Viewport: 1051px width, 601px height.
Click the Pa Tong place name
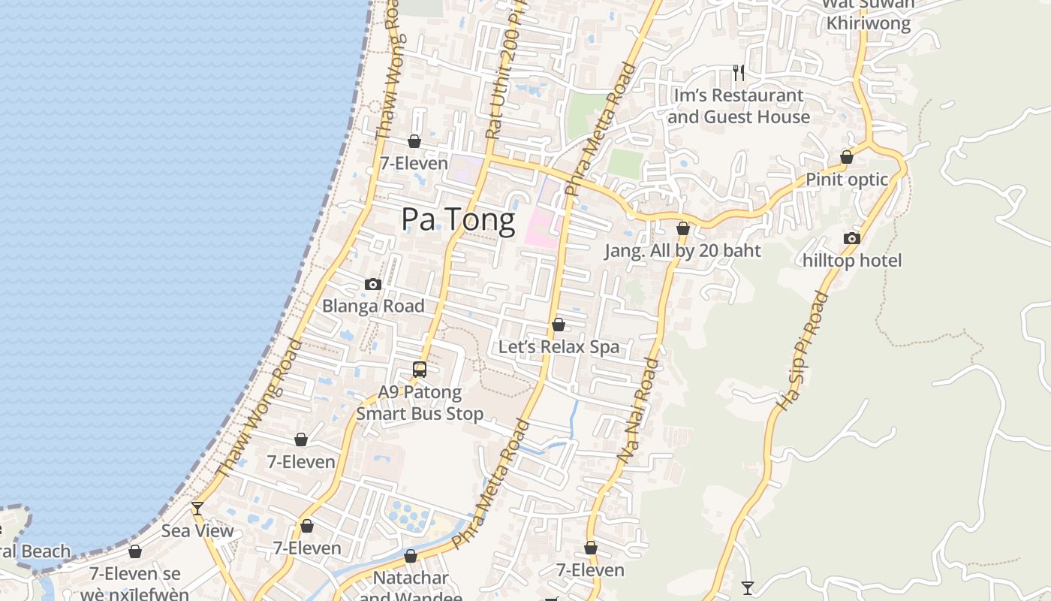point(458,220)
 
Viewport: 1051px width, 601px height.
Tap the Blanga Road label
point(373,306)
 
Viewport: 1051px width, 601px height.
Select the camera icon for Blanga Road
point(372,285)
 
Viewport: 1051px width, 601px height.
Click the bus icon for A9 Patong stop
point(420,370)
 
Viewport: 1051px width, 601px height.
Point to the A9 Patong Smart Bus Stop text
point(420,403)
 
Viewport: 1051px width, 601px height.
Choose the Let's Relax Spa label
point(559,346)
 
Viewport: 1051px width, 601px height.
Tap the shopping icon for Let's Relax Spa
point(558,325)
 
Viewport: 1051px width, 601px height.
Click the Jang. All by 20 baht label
point(683,251)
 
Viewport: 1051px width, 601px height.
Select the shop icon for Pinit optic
point(847,158)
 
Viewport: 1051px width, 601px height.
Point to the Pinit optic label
point(847,180)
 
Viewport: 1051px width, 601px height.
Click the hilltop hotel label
point(852,261)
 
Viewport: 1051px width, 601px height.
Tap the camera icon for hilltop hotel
point(851,239)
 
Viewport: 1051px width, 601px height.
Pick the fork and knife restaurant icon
point(739,73)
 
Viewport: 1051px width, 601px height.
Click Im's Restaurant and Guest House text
point(739,106)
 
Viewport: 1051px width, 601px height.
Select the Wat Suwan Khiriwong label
point(869,14)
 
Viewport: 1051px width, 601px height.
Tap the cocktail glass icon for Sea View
point(197,509)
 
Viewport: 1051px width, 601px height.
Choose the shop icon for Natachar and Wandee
point(410,557)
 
